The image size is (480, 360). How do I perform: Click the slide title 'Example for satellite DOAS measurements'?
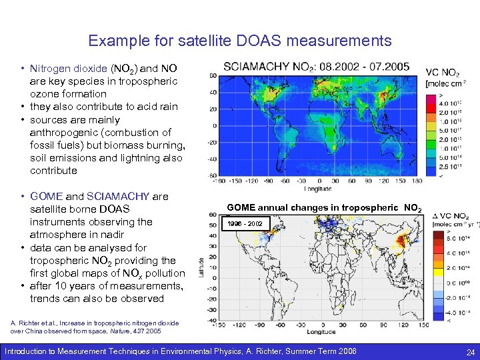240,41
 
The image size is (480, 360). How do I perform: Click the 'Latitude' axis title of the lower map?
201,268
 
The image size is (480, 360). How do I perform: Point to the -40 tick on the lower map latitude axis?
213,319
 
